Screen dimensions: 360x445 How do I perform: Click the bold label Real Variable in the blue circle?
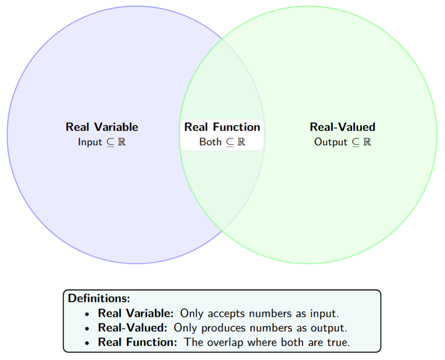tap(102, 127)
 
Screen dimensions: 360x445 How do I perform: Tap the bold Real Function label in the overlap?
tap(222, 127)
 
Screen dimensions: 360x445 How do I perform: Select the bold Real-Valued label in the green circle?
tap(343, 127)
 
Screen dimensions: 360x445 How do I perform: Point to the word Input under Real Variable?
tap(90, 142)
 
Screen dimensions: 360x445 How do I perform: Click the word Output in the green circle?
tap(331, 142)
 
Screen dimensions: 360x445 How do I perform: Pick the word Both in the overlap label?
tap(210, 142)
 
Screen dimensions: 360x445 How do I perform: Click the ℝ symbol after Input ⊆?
tap(122, 142)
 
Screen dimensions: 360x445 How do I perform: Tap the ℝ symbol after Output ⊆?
tap(367, 142)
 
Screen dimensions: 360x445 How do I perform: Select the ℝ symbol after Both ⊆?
tap(242, 142)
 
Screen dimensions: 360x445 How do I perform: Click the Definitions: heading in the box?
tap(99, 298)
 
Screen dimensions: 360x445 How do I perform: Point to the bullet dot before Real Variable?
tap(87, 314)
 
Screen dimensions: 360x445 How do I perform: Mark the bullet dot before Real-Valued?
tap(87, 328)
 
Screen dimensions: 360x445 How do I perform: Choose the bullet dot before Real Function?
tap(87, 343)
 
